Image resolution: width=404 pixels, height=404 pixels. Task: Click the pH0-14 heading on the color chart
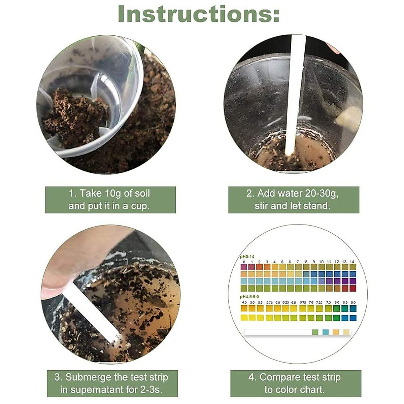(247, 257)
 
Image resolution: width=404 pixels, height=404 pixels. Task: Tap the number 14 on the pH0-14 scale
(352, 262)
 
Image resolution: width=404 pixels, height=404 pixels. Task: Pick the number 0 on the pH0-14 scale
(243, 262)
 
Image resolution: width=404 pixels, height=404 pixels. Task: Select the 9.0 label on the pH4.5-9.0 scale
(352, 303)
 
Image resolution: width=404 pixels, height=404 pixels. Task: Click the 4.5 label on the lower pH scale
(244, 303)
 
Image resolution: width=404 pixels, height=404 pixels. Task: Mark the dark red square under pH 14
(352, 288)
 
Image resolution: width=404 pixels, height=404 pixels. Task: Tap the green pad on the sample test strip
(315, 332)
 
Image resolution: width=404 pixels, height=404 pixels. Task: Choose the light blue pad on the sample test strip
(325, 332)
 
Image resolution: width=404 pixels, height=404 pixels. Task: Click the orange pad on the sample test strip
(336, 332)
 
